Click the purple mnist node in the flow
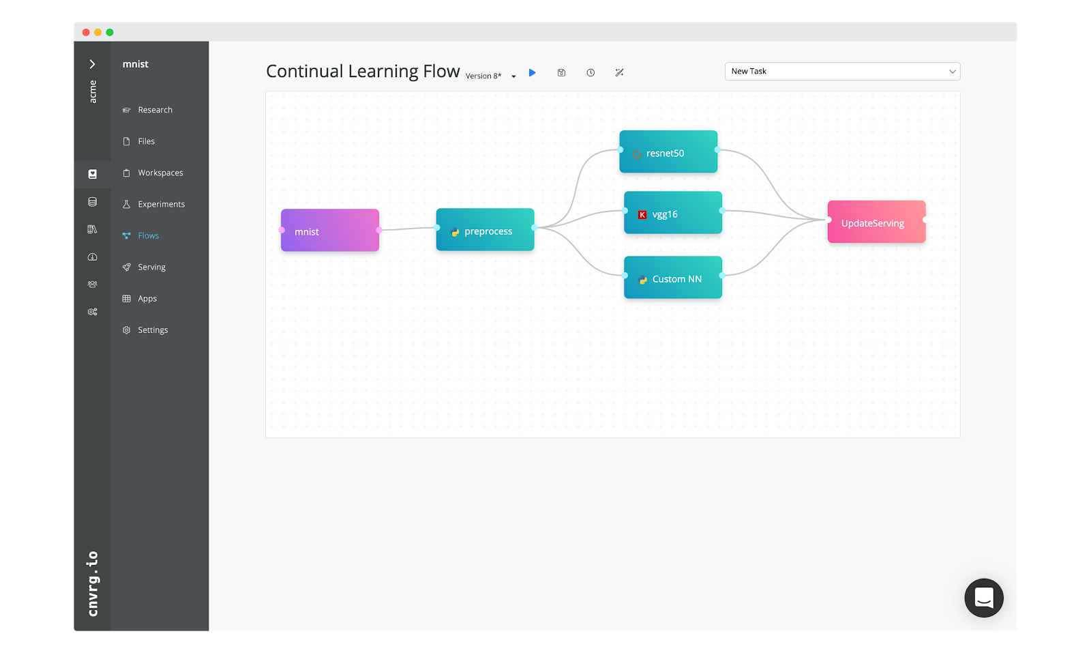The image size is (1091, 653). click(x=330, y=231)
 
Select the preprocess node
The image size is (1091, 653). click(x=485, y=230)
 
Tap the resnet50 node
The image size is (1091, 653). click(x=668, y=152)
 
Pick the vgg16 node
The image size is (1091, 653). click(x=673, y=213)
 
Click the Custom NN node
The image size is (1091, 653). click(x=673, y=278)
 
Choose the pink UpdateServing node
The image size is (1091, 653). click(x=876, y=222)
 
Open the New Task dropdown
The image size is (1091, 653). click(x=842, y=72)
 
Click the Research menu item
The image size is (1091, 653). click(x=155, y=110)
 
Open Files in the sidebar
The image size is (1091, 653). click(x=146, y=141)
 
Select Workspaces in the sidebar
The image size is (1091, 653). click(x=160, y=173)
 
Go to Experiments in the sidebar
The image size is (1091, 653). click(x=161, y=204)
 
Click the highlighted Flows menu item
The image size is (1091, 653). click(x=148, y=235)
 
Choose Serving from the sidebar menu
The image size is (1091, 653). click(x=151, y=267)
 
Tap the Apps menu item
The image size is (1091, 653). click(x=147, y=298)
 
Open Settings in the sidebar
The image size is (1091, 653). click(x=153, y=330)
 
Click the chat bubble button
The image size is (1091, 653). click(x=983, y=598)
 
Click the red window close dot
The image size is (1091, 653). click(x=86, y=32)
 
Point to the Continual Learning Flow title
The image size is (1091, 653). click(x=363, y=72)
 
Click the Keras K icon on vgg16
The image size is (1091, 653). click(x=642, y=215)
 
